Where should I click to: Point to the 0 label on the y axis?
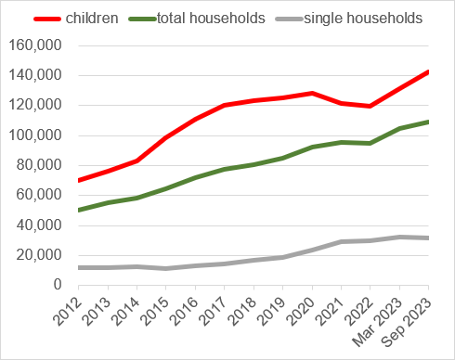(58, 285)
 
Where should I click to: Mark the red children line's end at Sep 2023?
(428, 71)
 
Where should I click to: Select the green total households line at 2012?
(78, 210)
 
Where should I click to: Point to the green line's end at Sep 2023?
(428, 122)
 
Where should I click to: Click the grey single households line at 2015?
(165, 268)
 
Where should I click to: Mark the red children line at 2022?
(370, 106)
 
